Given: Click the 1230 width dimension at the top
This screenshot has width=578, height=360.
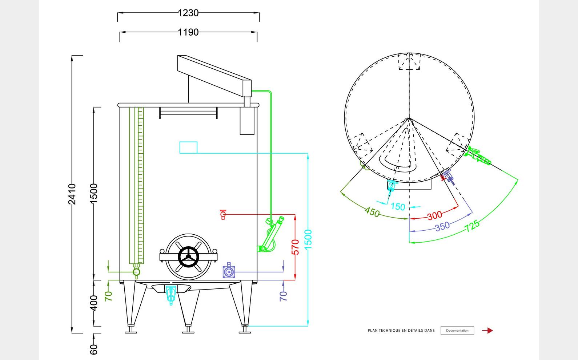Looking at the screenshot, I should (x=188, y=13).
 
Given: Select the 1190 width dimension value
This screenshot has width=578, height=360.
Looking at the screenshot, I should (x=188, y=32).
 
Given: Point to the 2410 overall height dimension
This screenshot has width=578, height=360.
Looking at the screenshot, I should (x=72, y=194).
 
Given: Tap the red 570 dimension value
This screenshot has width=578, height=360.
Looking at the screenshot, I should (x=296, y=247).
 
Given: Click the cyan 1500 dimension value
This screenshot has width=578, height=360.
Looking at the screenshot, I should (x=308, y=239).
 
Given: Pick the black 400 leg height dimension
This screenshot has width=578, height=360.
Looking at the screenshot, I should (x=94, y=303).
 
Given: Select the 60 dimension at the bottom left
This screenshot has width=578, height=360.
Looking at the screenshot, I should (x=94, y=349).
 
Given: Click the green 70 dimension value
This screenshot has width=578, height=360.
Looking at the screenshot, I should (x=108, y=296).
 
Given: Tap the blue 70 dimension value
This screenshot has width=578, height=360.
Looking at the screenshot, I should (x=284, y=296).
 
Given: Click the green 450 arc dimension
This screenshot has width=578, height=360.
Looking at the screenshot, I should (x=372, y=212).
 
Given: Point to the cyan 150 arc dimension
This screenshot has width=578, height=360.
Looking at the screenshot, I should (x=398, y=207).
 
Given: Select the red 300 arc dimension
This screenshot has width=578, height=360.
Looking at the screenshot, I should (x=434, y=216).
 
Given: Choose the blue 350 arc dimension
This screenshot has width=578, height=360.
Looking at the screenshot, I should (x=442, y=227).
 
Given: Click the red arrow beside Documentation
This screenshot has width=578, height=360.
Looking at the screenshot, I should (x=487, y=331).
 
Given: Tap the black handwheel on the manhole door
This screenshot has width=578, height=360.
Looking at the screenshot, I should (x=188, y=257).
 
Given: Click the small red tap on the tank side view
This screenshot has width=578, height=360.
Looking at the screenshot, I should (x=223, y=214).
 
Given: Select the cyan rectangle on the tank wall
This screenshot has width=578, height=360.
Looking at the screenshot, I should (x=188, y=147).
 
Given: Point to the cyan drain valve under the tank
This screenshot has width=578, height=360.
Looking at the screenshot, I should (x=171, y=294).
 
